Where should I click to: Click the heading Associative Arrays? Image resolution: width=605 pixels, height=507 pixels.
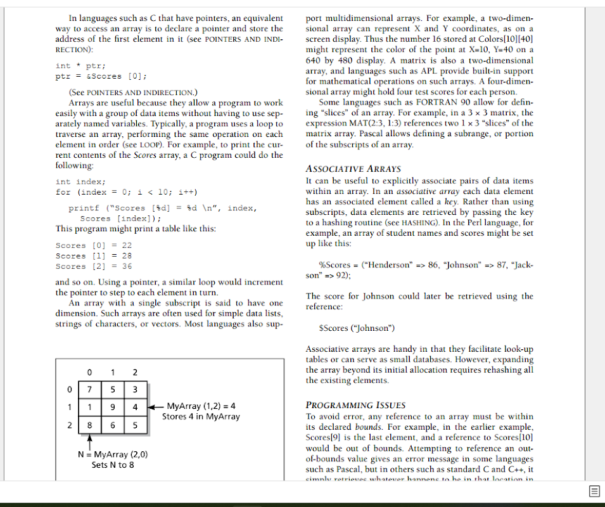pos(353,169)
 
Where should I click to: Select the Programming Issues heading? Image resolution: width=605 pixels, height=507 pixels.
pos(355,405)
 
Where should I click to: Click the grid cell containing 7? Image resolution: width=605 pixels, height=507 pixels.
pos(91,388)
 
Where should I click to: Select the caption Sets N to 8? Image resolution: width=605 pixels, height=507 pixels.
pos(113,465)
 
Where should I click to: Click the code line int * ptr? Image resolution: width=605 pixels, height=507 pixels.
pos(80,66)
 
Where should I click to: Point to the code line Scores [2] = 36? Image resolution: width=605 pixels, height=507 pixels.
pos(94,266)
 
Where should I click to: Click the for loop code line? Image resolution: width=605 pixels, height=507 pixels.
pos(127,192)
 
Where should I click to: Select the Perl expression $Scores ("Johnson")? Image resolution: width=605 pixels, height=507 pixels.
pos(357,328)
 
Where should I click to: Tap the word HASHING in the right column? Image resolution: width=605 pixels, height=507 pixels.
pos(419,223)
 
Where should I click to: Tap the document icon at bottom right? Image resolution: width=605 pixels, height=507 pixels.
pos(594,491)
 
